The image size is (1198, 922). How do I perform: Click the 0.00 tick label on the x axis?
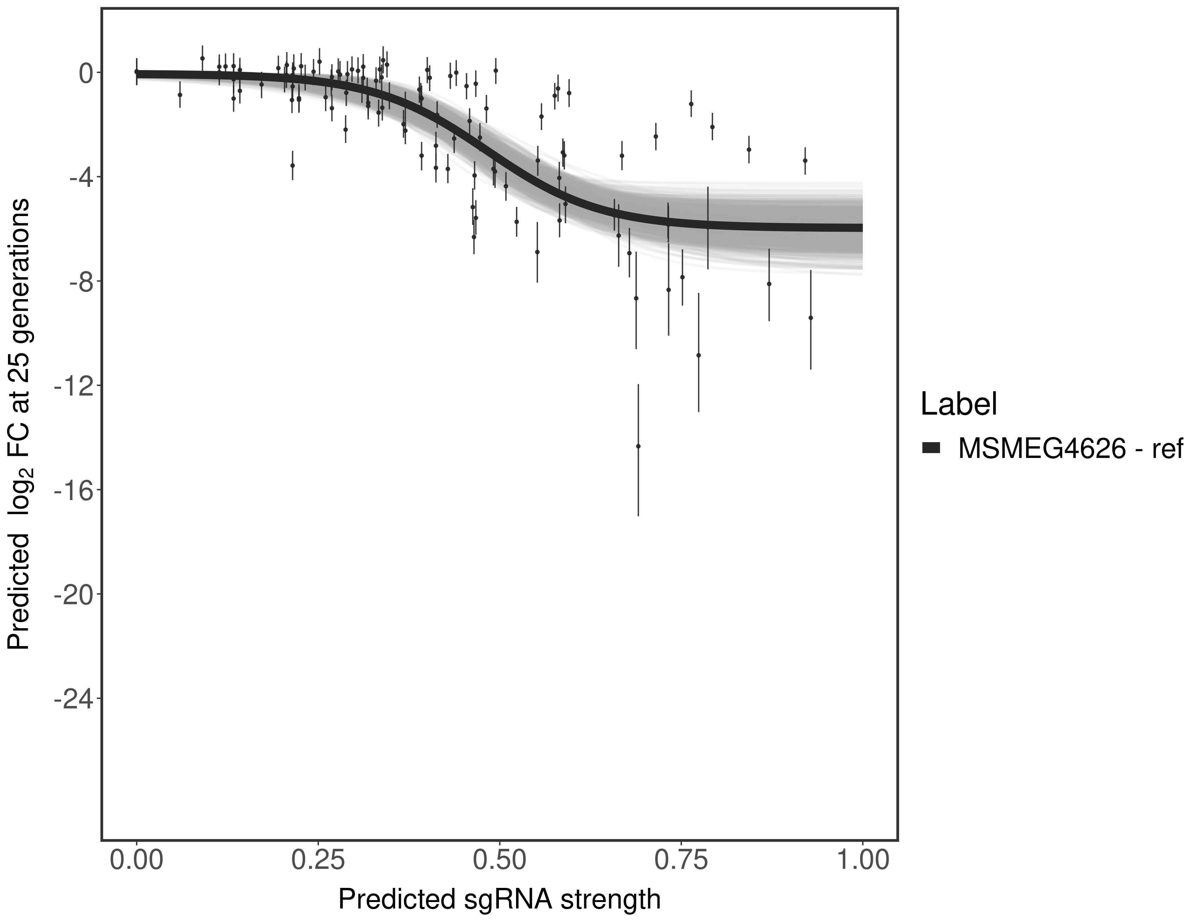(x=137, y=860)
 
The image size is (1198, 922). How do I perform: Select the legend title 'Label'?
(x=958, y=404)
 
